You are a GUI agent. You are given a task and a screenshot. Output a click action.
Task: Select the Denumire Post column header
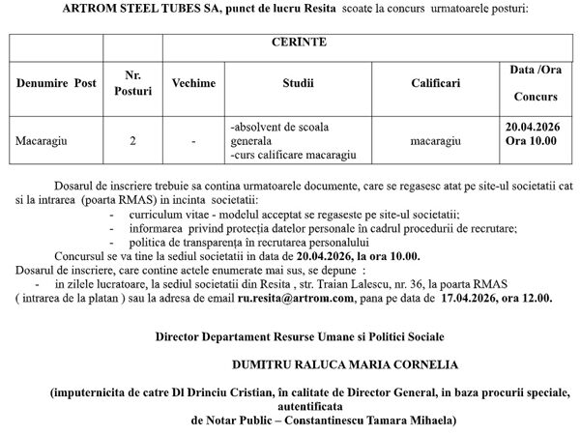click(x=56, y=83)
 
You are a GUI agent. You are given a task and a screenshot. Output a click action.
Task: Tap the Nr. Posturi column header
click(x=133, y=83)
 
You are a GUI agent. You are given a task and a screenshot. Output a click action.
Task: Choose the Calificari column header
click(x=427, y=83)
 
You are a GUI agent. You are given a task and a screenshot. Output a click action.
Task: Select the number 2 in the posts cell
click(x=132, y=141)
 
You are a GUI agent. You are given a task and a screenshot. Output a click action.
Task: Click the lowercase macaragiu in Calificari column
click(x=427, y=141)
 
